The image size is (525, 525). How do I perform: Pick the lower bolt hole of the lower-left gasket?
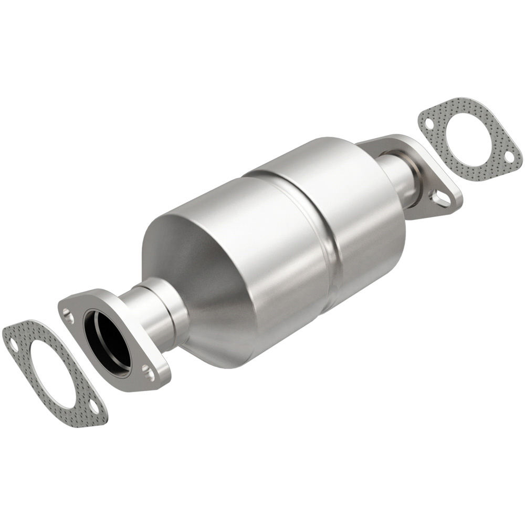click(x=93, y=407)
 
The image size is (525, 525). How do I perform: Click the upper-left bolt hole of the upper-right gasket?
click(x=429, y=124)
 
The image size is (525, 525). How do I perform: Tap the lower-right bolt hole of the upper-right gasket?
click(x=508, y=157)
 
